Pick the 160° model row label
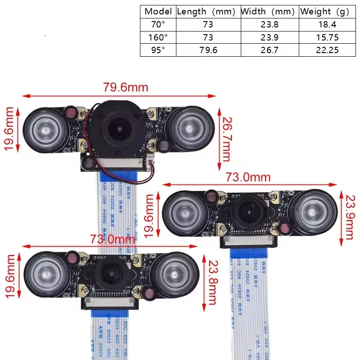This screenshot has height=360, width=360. point(158,37)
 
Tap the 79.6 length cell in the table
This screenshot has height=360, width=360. point(208,50)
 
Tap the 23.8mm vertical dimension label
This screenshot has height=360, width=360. point(211,282)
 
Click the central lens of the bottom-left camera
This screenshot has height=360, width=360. point(109,274)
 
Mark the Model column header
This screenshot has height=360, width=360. point(158,12)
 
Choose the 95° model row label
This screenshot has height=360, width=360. point(158,50)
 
